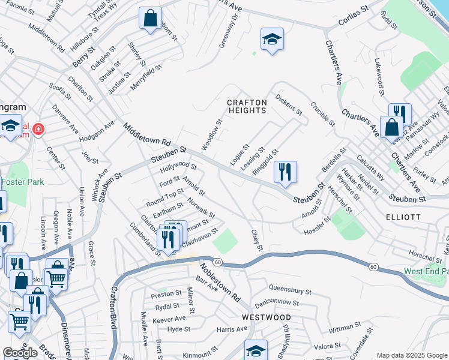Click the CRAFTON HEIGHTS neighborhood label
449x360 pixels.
[x=247, y=107]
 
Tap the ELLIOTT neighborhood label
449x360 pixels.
[x=403, y=217]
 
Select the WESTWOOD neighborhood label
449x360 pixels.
[x=267, y=317]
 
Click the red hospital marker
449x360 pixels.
[x=38, y=129]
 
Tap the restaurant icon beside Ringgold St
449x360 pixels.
[x=286, y=172]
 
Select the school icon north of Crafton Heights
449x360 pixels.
[x=272, y=39]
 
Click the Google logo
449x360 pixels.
[x=20, y=353]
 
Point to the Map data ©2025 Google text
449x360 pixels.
[x=412, y=355]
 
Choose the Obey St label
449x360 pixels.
[x=257, y=240]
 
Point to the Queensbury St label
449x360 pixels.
[x=290, y=291]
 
